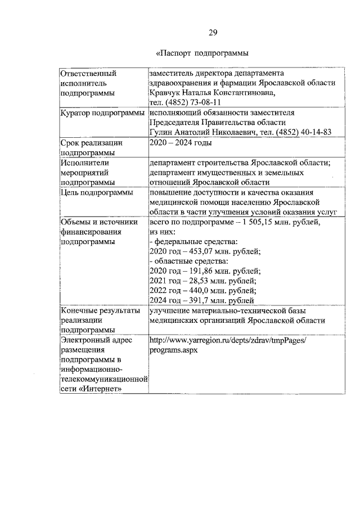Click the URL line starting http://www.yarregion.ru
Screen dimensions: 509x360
click(x=227, y=340)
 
